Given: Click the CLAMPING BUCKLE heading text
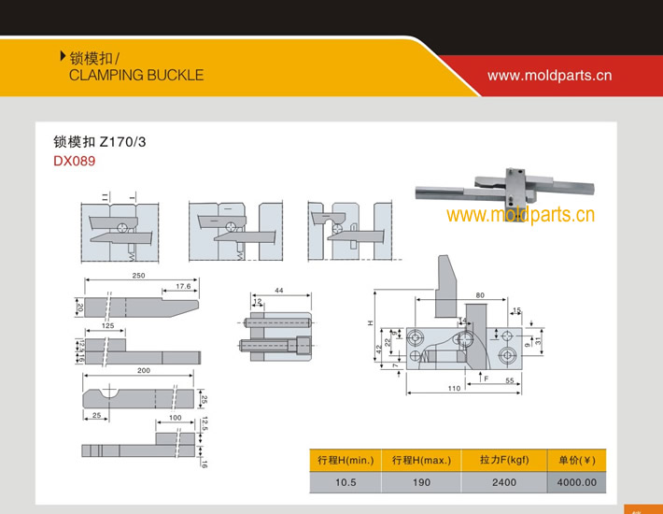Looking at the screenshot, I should tap(135, 75).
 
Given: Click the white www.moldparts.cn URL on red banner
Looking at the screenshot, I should tap(549, 75).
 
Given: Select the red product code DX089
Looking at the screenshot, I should tap(74, 161).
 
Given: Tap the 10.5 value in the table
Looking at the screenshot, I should tap(346, 482).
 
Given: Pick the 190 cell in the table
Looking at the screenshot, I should tap(421, 482).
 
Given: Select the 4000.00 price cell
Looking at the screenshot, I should tap(576, 482).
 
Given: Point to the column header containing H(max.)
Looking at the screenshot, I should tap(421, 460).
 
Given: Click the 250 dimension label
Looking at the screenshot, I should tap(138, 276).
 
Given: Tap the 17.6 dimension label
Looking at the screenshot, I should tap(182, 286).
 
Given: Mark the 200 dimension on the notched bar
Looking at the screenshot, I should tap(143, 371).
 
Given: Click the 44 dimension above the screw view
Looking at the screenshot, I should tap(278, 292).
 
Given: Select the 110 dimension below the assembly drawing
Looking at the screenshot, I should tap(454, 387).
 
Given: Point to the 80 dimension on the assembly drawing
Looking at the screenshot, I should tap(479, 295).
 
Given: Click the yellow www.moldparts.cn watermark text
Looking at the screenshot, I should tap(520, 216).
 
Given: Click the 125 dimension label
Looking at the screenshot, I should tap(108, 325).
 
